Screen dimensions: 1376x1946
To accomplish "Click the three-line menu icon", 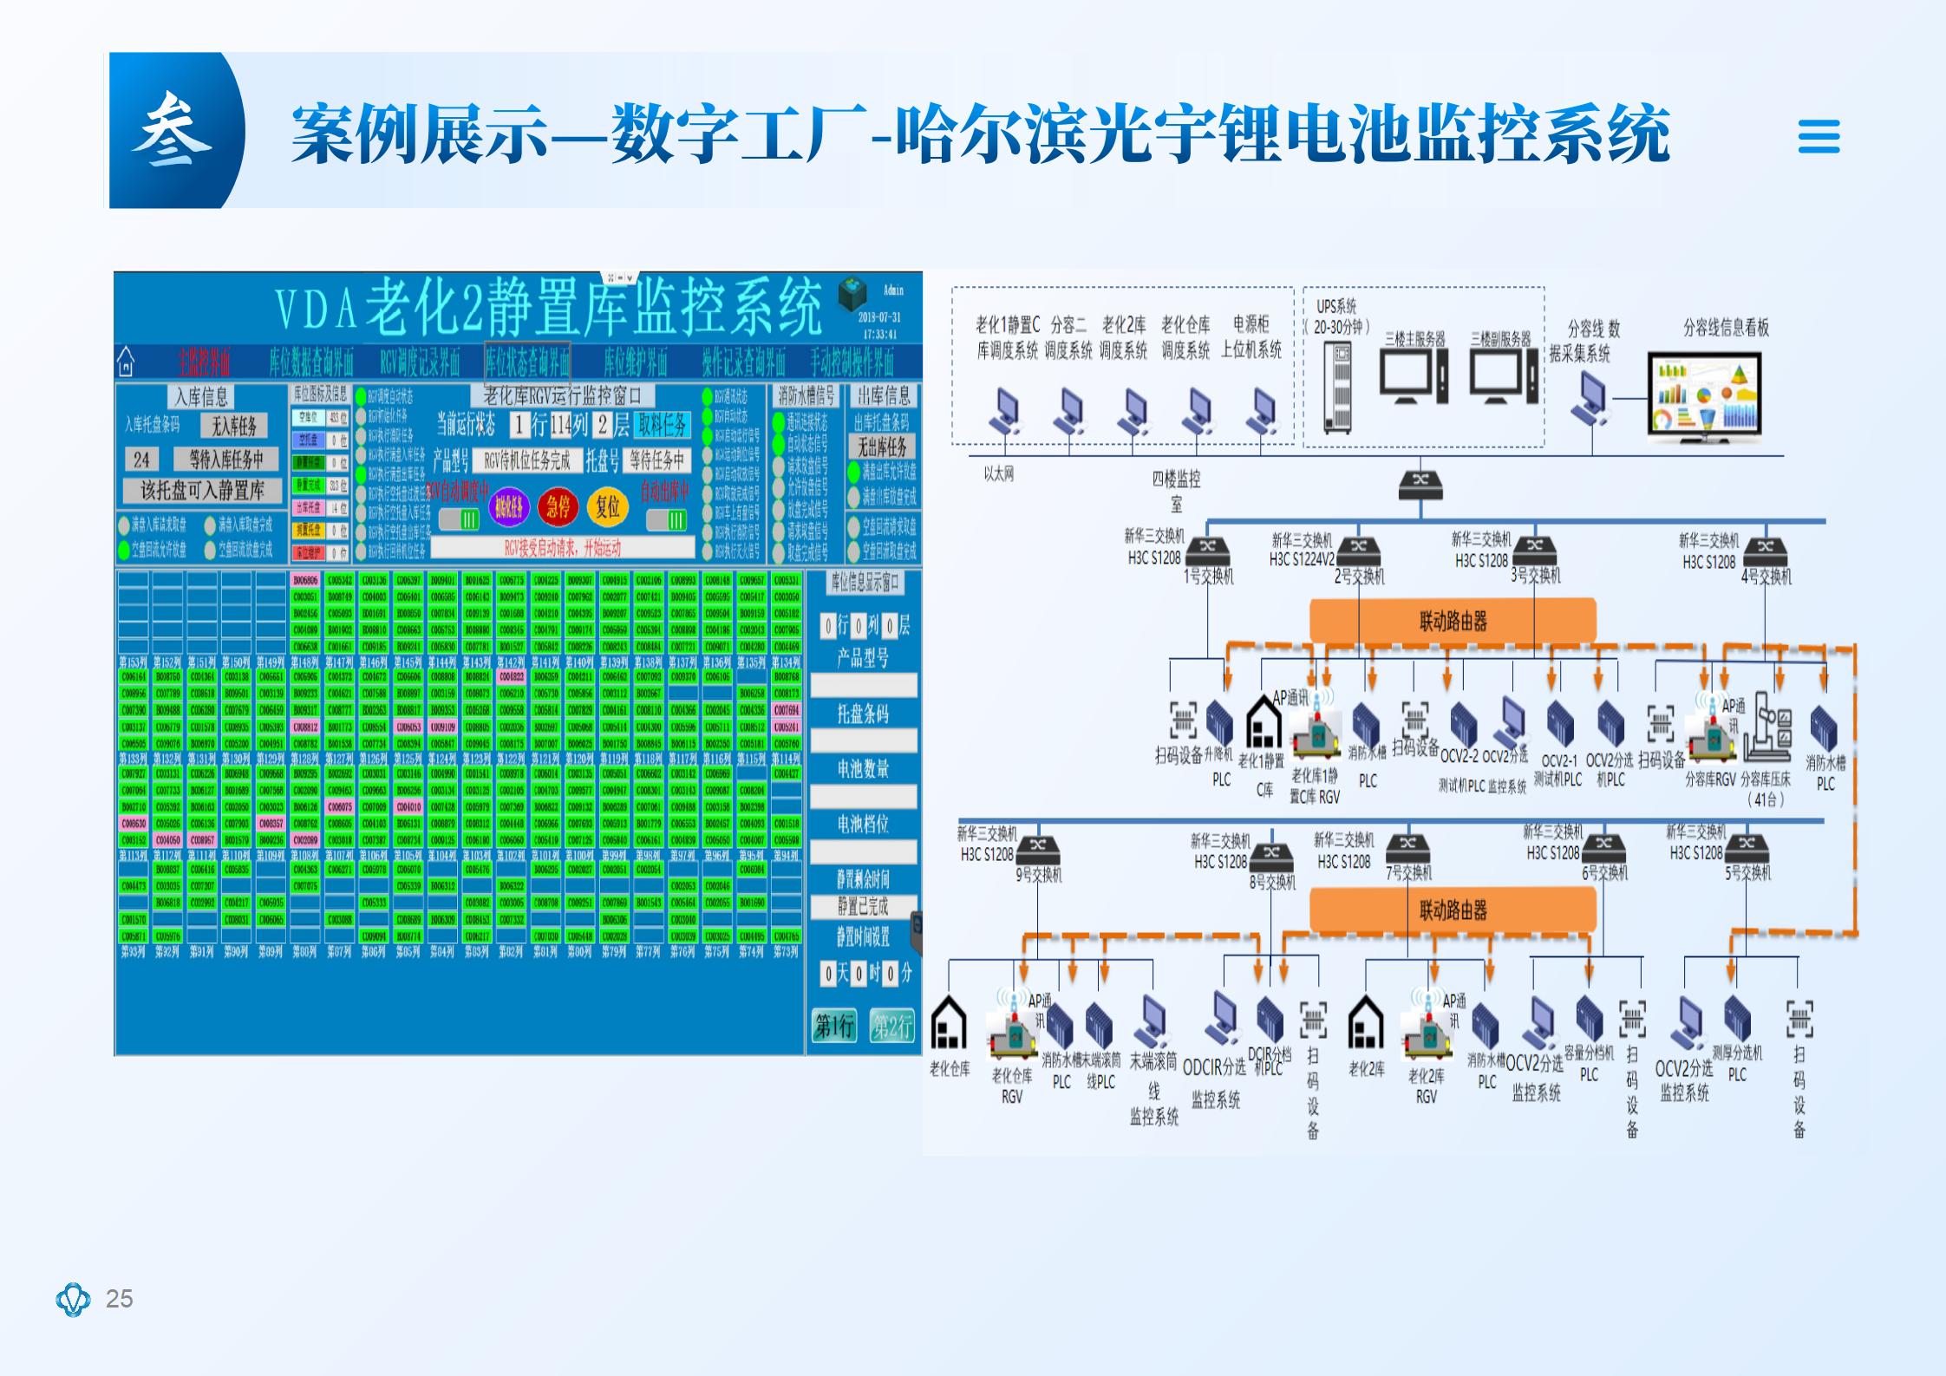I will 1819,136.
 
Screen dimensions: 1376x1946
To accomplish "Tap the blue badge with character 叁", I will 173,132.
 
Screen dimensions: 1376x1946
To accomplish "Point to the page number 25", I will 119,1298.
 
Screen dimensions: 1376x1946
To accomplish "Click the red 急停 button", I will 558,506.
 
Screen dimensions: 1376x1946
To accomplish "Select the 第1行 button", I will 834,1027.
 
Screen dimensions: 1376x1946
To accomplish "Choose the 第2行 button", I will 892,1027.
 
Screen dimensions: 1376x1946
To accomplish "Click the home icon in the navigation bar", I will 127,360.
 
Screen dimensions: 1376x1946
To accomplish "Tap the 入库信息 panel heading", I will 201,397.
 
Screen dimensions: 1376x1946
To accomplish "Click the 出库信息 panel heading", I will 883,396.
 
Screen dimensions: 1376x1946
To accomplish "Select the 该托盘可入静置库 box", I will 202,491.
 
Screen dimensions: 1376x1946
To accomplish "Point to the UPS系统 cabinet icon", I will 1337,387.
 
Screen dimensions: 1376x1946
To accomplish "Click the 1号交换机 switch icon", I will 1207,547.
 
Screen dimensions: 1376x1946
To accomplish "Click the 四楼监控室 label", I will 1175,491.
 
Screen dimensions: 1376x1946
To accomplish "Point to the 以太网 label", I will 999,474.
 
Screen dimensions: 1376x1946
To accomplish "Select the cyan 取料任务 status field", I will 663,425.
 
